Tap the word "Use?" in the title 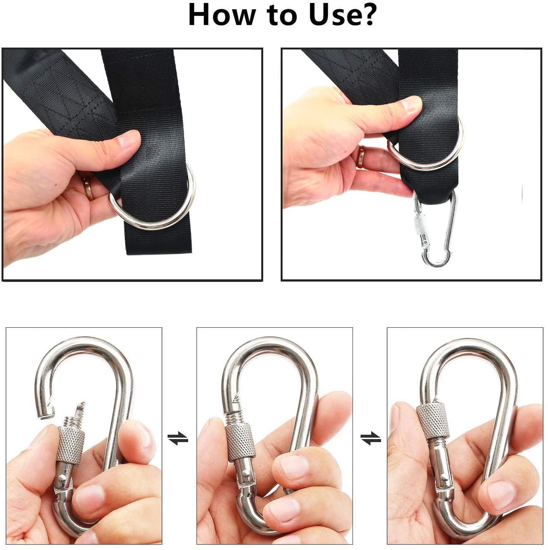pos(342,15)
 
